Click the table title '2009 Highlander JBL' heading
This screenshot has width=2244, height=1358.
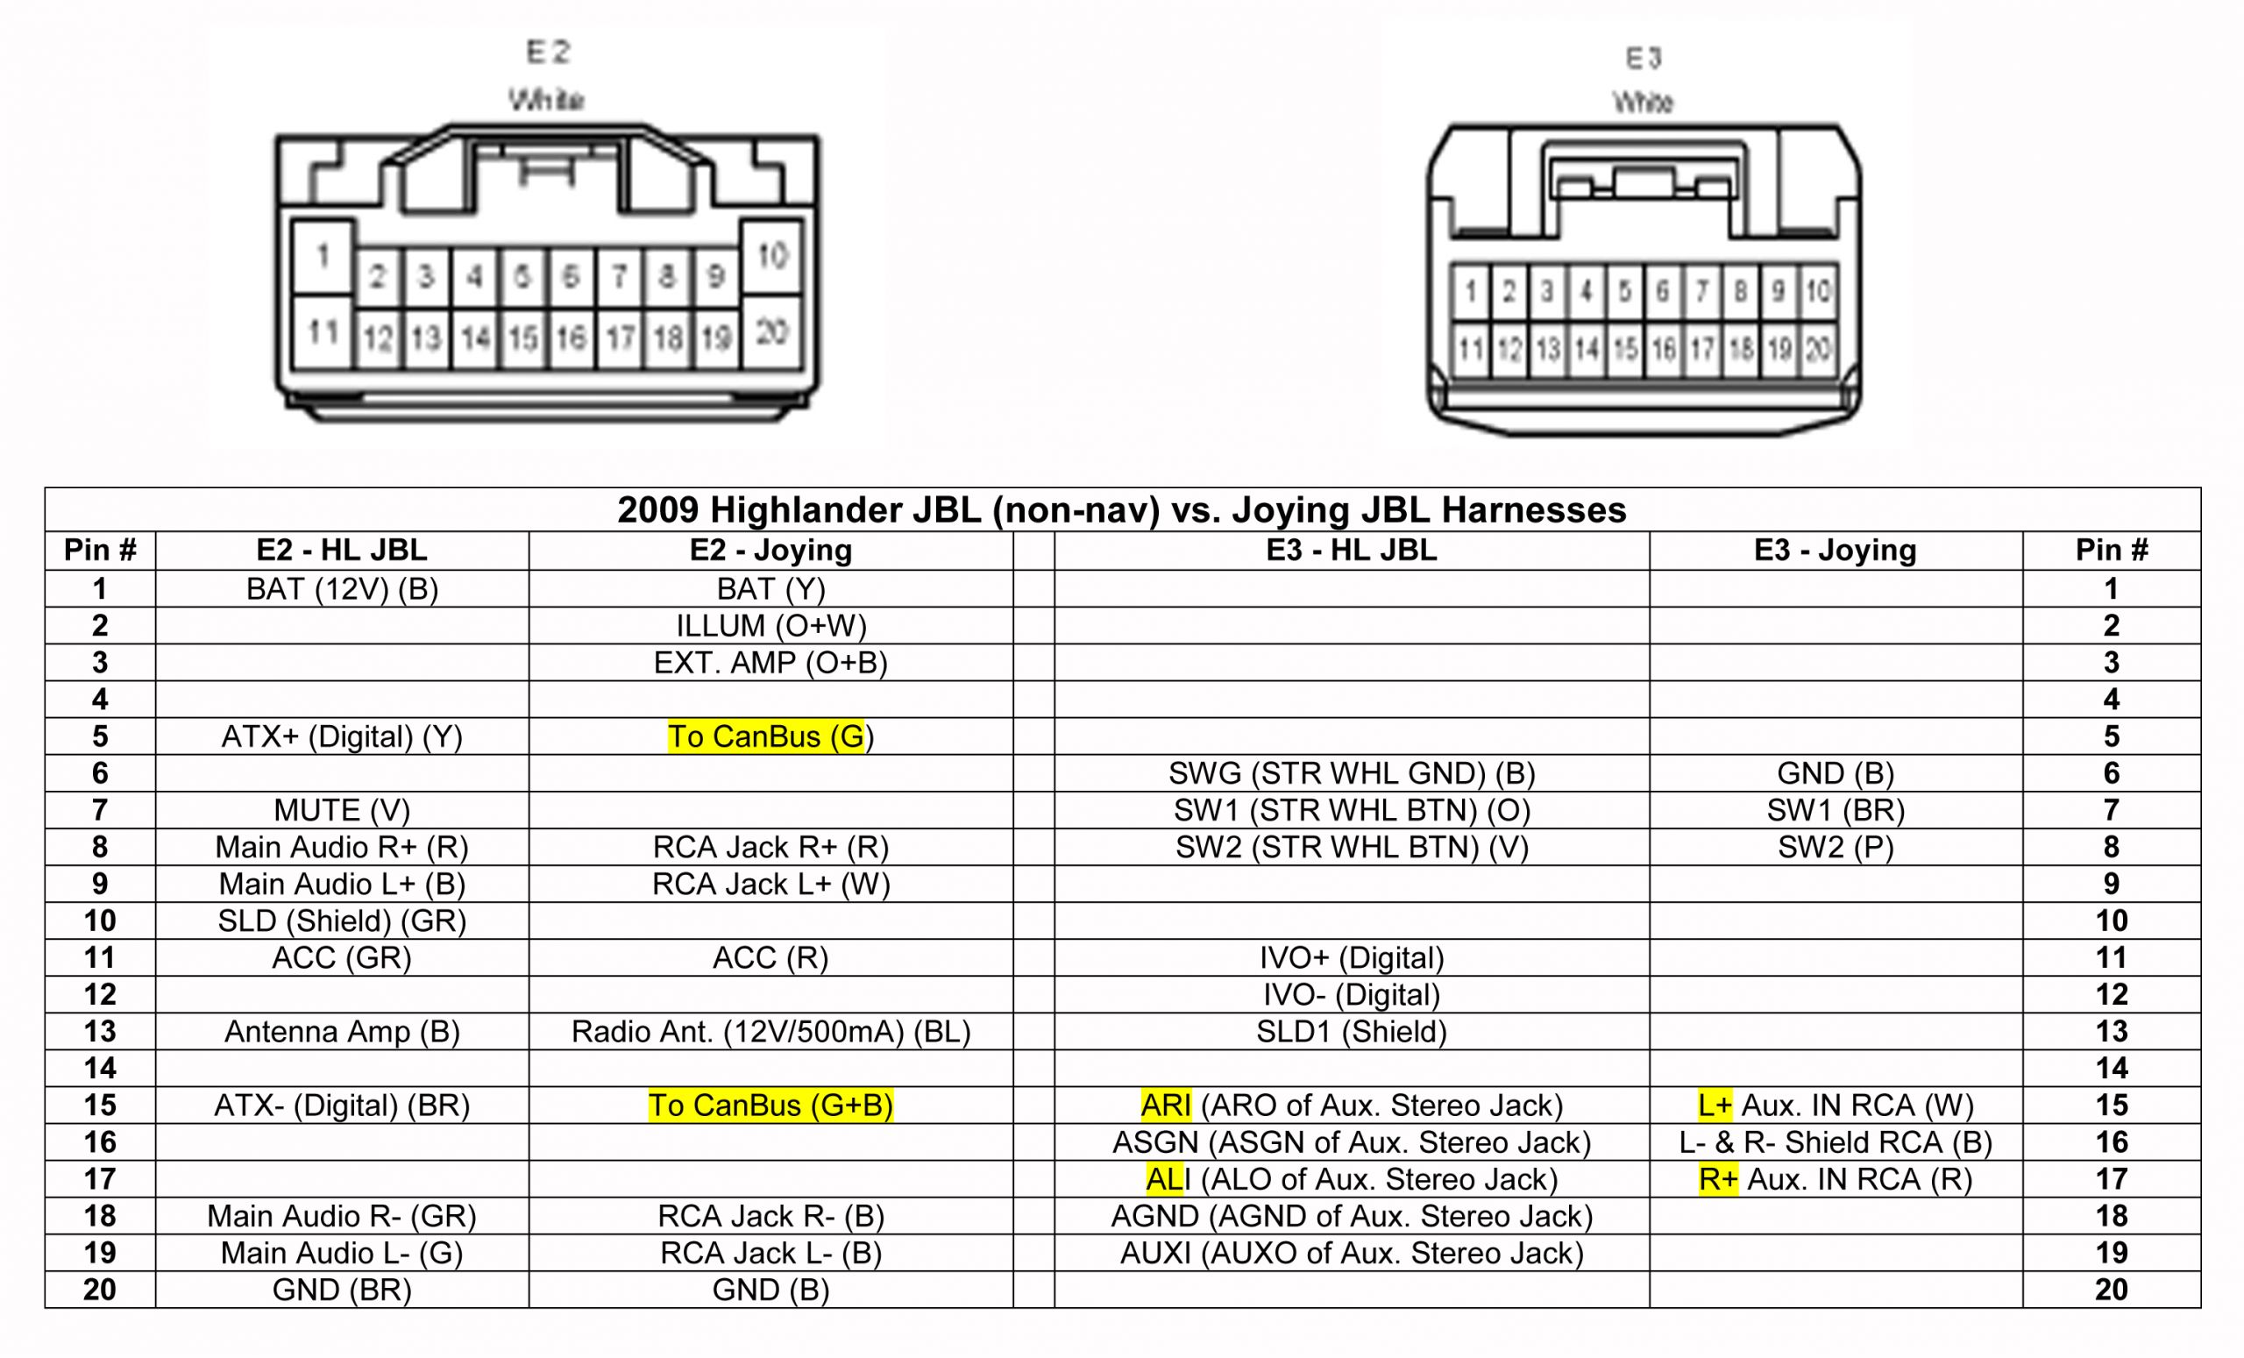(x=1121, y=510)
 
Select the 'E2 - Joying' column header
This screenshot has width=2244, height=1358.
(x=770, y=550)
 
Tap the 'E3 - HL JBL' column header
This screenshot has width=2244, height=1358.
(x=1352, y=550)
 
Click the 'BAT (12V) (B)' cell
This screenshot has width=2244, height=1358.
(x=342, y=589)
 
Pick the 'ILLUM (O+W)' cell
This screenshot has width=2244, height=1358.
(x=770, y=627)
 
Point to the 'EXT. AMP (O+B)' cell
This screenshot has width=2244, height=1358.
(x=770, y=663)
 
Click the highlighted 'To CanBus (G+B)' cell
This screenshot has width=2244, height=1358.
(x=770, y=1106)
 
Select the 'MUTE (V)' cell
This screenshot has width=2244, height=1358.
(x=342, y=811)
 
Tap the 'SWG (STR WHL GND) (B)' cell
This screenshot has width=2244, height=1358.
(x=1352, y=773)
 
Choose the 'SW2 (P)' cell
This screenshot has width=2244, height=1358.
(x=1836, y=848)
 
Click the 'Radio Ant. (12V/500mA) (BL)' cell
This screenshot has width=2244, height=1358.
(x=770, y=1032)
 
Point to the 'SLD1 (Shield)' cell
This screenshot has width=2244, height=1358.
(x=1352, y=1032)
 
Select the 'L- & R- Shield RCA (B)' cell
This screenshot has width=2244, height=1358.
(x=1836, y=1142)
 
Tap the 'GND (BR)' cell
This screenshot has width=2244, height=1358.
(x=342, y=1290)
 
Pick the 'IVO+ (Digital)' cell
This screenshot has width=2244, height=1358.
(x=1352, y=958)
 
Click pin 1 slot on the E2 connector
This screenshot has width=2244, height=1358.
(x=323, y=256)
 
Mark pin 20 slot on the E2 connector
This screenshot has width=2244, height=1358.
(x=771, y=331)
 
